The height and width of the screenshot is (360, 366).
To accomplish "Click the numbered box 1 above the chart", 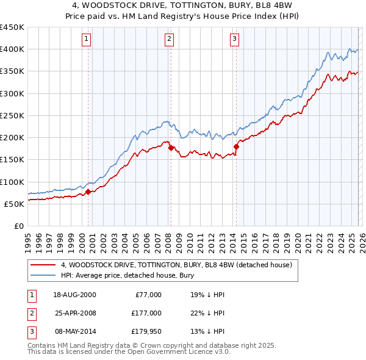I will point(87,40).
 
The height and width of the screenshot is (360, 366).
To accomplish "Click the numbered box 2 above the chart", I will point(169,40).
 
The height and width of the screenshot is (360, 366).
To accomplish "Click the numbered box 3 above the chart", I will point(234,40).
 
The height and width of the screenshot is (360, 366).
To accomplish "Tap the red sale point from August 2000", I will point(88,192).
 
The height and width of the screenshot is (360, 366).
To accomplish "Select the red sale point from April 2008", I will point(170,147).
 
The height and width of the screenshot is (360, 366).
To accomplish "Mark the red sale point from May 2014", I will point(235,146).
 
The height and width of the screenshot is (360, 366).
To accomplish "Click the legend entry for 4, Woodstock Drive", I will point(177,265).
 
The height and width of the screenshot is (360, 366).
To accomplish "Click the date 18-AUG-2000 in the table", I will point(74,295).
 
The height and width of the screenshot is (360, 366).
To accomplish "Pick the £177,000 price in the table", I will point(146,312).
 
